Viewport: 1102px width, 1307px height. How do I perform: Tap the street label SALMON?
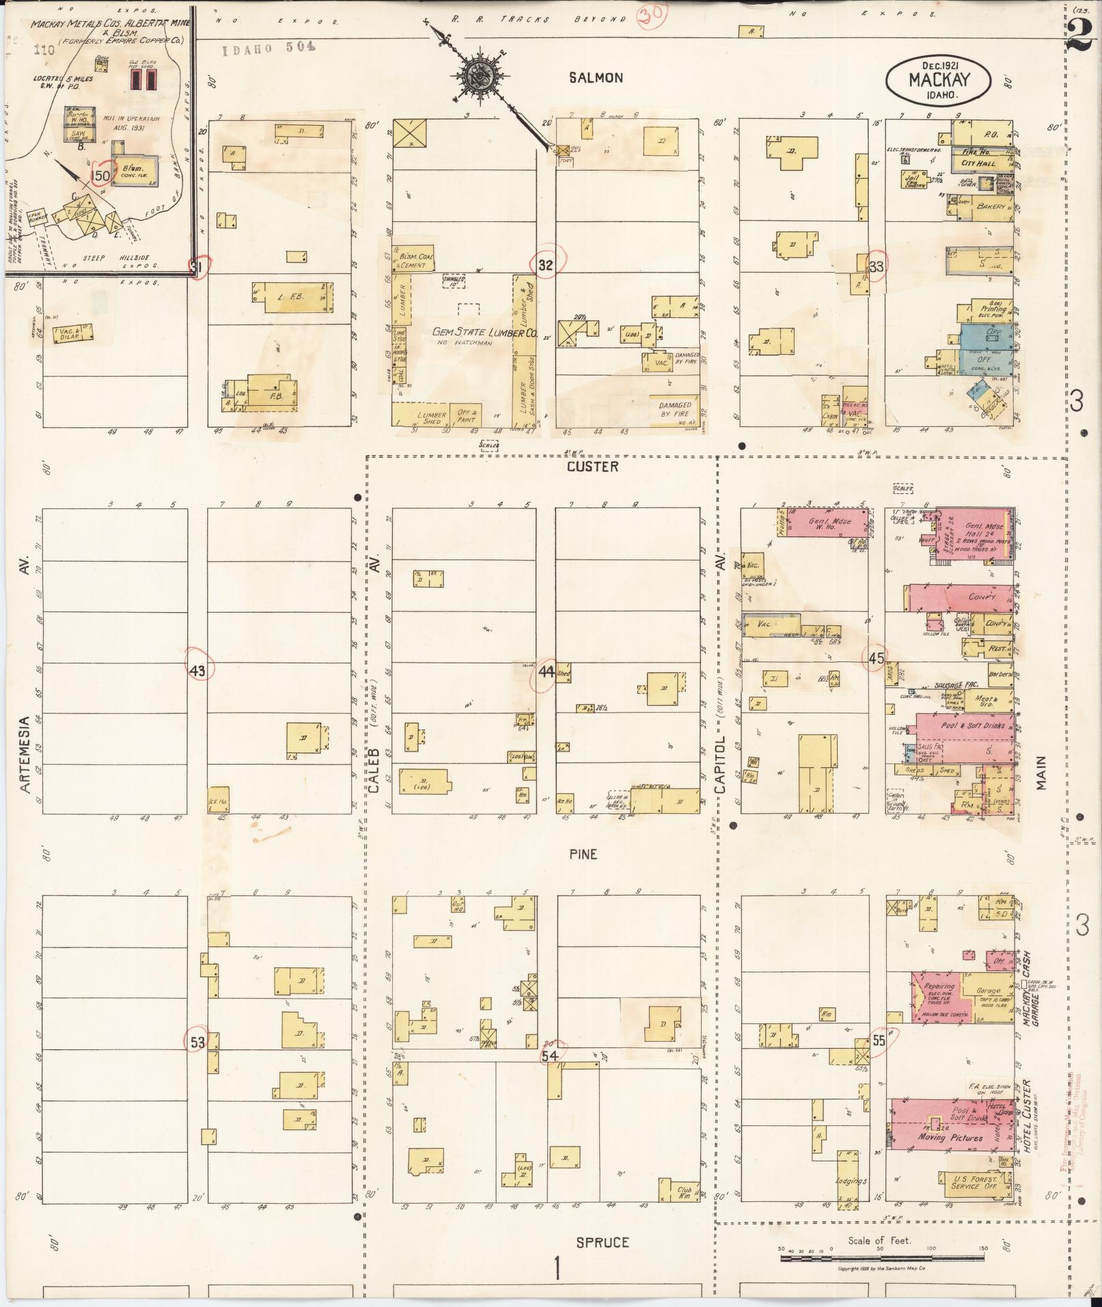pos(596,78)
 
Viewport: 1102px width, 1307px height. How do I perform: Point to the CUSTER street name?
pos(592,467)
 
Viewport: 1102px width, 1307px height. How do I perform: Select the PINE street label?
pos(583,854)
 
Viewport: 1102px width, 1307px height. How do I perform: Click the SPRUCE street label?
pos(601,1242)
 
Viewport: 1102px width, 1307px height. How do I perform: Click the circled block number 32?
pos(545,266)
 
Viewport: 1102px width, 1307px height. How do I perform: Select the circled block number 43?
pos(197,671)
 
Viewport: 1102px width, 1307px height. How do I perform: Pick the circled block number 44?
pos(545,671)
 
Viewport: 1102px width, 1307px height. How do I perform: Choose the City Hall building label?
pos(978,163)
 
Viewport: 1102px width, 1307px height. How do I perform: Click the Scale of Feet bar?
pos(881,1258)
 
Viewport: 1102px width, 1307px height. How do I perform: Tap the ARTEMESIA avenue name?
pos(25,754)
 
